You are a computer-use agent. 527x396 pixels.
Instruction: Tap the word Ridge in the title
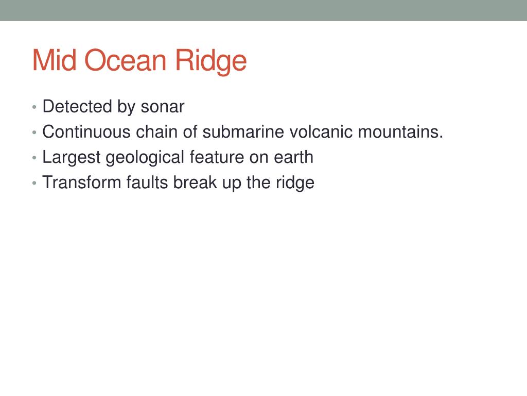coord(211,62)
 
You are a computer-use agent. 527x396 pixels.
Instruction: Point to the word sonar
coord(163,107)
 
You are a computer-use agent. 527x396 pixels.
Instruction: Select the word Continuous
coord(86,131)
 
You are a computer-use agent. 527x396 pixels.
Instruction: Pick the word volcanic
coord(321,131)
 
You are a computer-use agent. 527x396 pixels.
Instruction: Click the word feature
coord(217,157)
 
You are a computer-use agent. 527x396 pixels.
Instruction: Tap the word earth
coord(294,157)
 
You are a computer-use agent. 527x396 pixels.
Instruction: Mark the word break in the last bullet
coord(195,183)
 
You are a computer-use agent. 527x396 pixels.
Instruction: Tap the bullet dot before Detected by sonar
coord(34,107)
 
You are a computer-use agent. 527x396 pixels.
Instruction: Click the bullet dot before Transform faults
coord(34,184)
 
